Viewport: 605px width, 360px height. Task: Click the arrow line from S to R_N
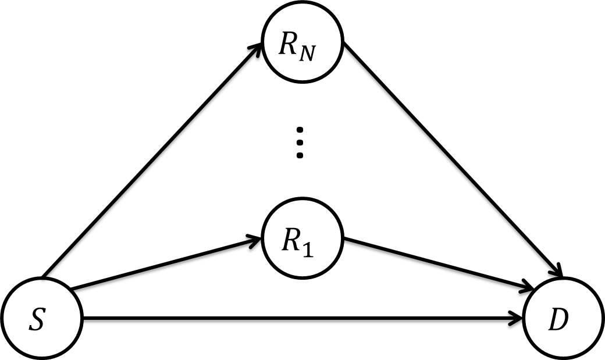pos(151,163)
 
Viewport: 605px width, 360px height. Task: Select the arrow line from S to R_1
pos(163,263)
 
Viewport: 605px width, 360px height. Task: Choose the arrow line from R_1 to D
pos(436,262)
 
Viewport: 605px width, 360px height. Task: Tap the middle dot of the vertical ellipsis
pos(300,142)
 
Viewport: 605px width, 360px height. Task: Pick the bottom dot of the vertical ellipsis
pos(300,155)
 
